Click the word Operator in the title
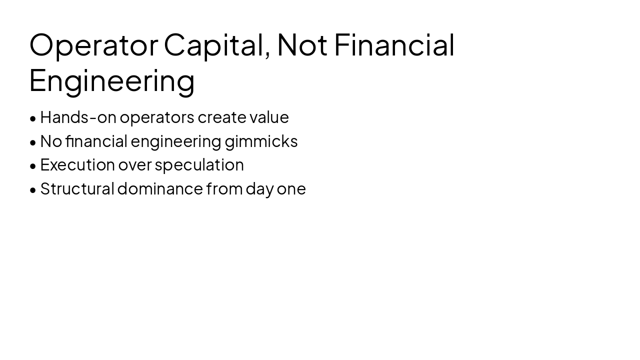click(93, 44)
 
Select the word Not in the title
click(302, 44)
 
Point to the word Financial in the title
click(394, 44)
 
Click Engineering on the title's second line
click(112, 81)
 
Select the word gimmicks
click(261, 141)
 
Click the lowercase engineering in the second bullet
click(176, 141)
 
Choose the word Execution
click(77, 164)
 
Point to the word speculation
click(199, 165)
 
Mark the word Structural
click(77, 188)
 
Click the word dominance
click(160, 188)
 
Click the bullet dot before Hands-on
click(33, 118)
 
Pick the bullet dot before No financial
click(33, 142)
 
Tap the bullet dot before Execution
click(33, 166)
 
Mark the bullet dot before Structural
click(33, 190)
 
